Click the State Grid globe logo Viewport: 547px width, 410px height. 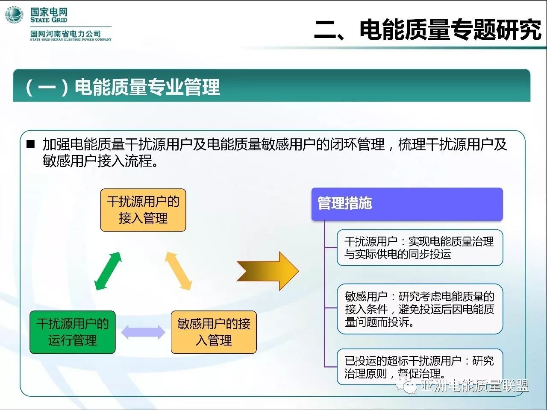tap(14, 15)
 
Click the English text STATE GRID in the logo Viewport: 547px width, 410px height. tap(49, 20)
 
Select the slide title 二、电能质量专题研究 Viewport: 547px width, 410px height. tap(427, 30)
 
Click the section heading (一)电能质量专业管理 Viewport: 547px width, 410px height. tap(123, 87)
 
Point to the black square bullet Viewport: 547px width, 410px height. tap(30, 144)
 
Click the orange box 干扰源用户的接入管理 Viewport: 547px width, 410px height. tap(143, 210)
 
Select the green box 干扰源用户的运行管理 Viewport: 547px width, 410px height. tap(73, 332)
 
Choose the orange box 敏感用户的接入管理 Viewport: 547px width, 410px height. tap(214, 332)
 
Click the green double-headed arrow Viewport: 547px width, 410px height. tap(108, 271)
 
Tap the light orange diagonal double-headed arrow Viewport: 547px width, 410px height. tap(179, 271)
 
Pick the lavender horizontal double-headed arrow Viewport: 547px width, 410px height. tap(143, 332)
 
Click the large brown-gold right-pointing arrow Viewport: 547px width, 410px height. tap(268, 271)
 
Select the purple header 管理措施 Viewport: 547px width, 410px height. tap(407, 204)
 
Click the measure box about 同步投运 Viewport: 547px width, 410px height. tap(420, 248)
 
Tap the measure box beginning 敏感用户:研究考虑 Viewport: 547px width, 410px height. tap(420, 309)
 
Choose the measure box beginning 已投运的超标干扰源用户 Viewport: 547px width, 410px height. tap(420, 367)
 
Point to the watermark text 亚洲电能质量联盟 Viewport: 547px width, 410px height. tap(474, 386)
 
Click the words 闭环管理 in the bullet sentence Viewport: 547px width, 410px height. tap(357, 144)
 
